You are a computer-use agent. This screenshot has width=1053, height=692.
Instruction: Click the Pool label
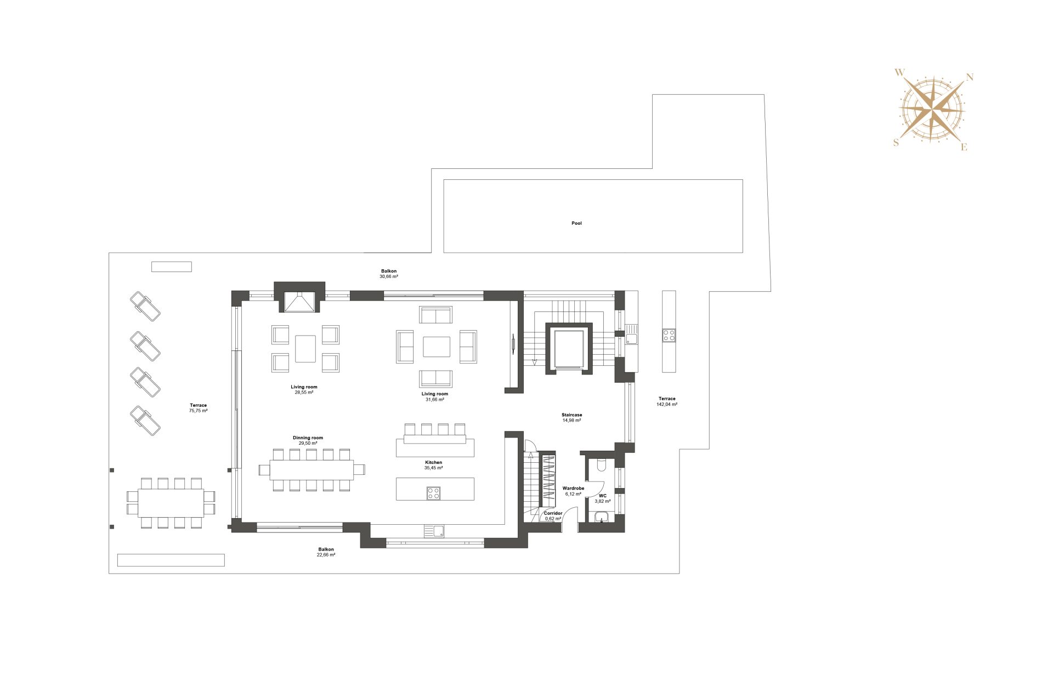pyautogui.click(x=576, y=223)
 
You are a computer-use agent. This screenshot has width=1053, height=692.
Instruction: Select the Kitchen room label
pyautogui.click(x=433, y=462)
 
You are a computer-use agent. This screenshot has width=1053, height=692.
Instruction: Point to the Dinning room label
pyautogui.click(x=308, y=438)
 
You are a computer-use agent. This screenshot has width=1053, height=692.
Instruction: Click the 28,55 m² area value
pyautogui.click(x=304, y=393)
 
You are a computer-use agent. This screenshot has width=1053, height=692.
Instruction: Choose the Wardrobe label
pyautogui.click(x=573, y=488)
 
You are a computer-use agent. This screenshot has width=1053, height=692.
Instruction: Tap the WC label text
pyautogui.click(x=603, y=496)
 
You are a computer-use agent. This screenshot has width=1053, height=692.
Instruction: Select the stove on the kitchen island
pyautogui.click(x=433, y=494)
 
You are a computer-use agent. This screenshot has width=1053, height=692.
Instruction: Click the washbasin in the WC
pyautogui.click(x=602, y=517)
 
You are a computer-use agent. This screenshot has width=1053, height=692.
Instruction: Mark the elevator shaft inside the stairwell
pyautogui.click(x=569, y=349)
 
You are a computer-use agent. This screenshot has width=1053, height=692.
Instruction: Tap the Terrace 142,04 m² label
pyautogui.click(x=667, y=401)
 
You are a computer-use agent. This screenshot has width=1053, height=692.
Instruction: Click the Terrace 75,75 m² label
pyautogui.click(x=198, y=408)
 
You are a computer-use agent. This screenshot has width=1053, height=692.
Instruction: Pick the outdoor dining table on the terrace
pyautogui.click(x=171, y=503)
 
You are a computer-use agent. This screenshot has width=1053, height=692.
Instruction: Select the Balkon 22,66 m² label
pyautogui.click(x=326, y=552)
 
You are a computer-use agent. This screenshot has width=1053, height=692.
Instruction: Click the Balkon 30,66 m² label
pyautogui.click(x=389, y=274)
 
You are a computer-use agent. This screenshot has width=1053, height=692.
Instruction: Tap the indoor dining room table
pyautogui.click(x=312, y=470)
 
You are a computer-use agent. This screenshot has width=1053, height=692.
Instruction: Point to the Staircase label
pyautogui.click(x=571, y=415)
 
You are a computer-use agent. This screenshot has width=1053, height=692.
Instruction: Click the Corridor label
pyautogui.click(x=553, y=513)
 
